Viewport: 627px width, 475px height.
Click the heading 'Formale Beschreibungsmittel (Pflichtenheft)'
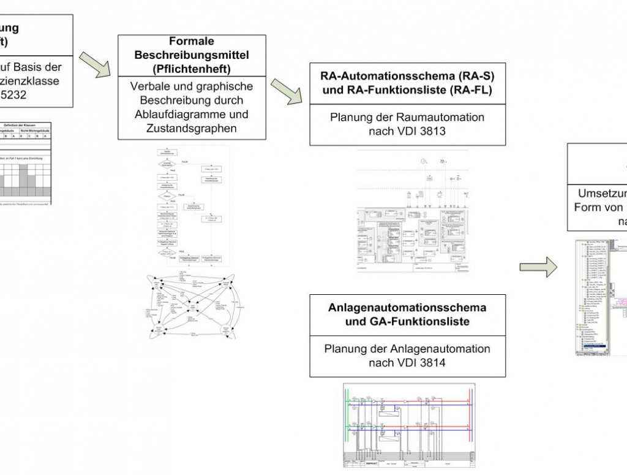(x=192, y=55)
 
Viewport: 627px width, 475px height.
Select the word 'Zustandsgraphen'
(x=192, y=128)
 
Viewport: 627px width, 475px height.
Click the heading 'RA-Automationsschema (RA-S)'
(x=408, y=77)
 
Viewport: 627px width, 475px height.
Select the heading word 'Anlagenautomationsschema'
(x=408, y=307)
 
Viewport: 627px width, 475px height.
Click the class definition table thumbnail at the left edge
(x=26, y=163)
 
